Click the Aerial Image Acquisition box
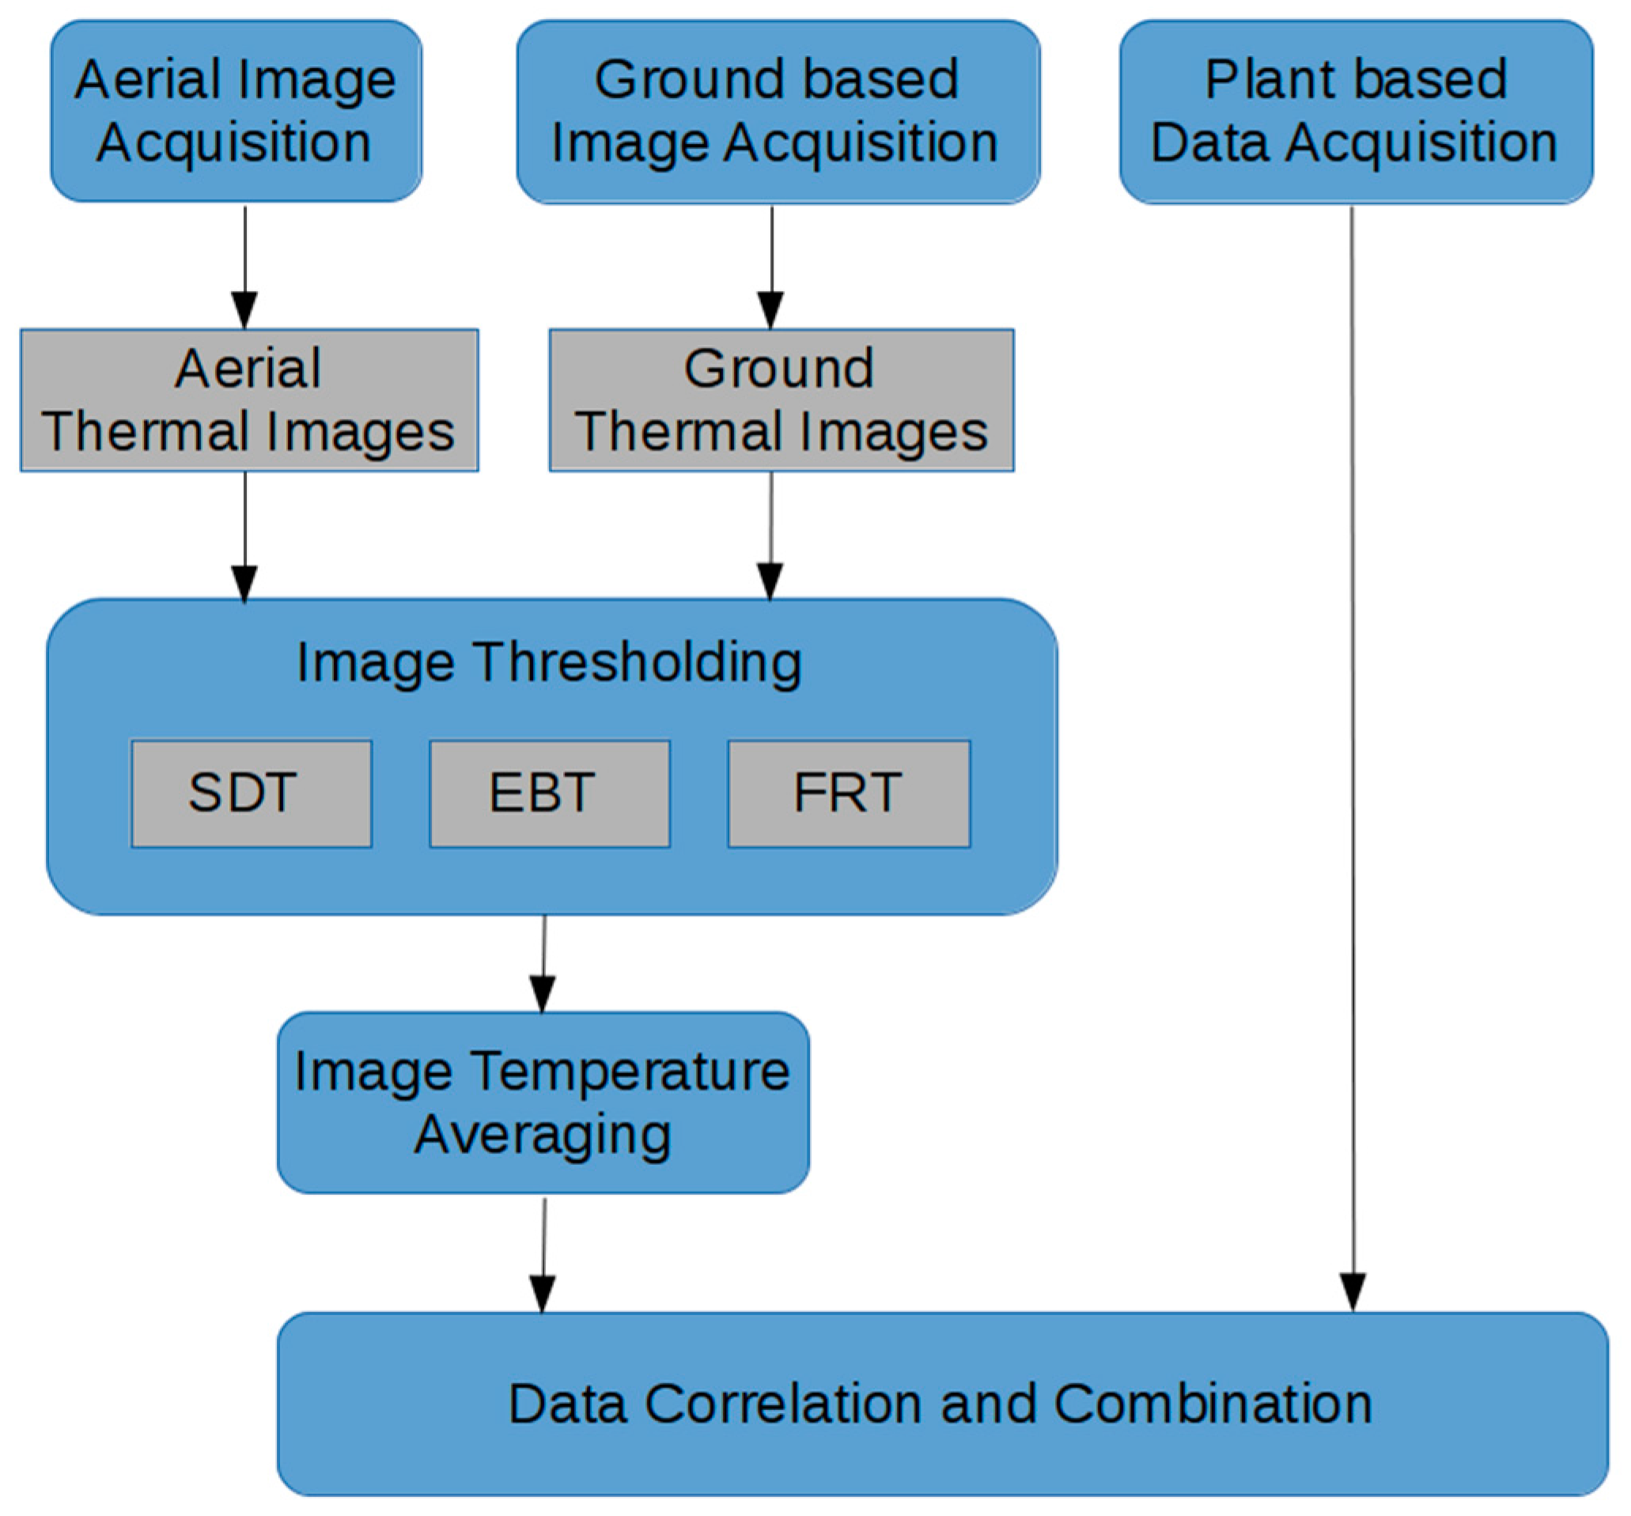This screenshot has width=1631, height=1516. (237, 112)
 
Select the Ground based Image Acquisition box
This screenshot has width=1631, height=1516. (778, 112)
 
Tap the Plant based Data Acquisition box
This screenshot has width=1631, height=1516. (1355, 112)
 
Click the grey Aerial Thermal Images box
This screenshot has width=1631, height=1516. (248, 400)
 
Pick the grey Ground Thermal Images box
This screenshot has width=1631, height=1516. (781, 400)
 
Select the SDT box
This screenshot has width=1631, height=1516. (251, 793)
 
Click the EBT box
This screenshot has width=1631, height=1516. (550, 793)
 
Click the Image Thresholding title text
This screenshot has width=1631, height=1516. (549, 662)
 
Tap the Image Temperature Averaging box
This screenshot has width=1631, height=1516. (543, 1102)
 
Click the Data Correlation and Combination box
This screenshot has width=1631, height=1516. (942, 1404)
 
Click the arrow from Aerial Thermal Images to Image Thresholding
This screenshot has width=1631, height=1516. (244, 537)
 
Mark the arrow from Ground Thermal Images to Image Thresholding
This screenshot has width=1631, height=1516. (770, 537)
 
